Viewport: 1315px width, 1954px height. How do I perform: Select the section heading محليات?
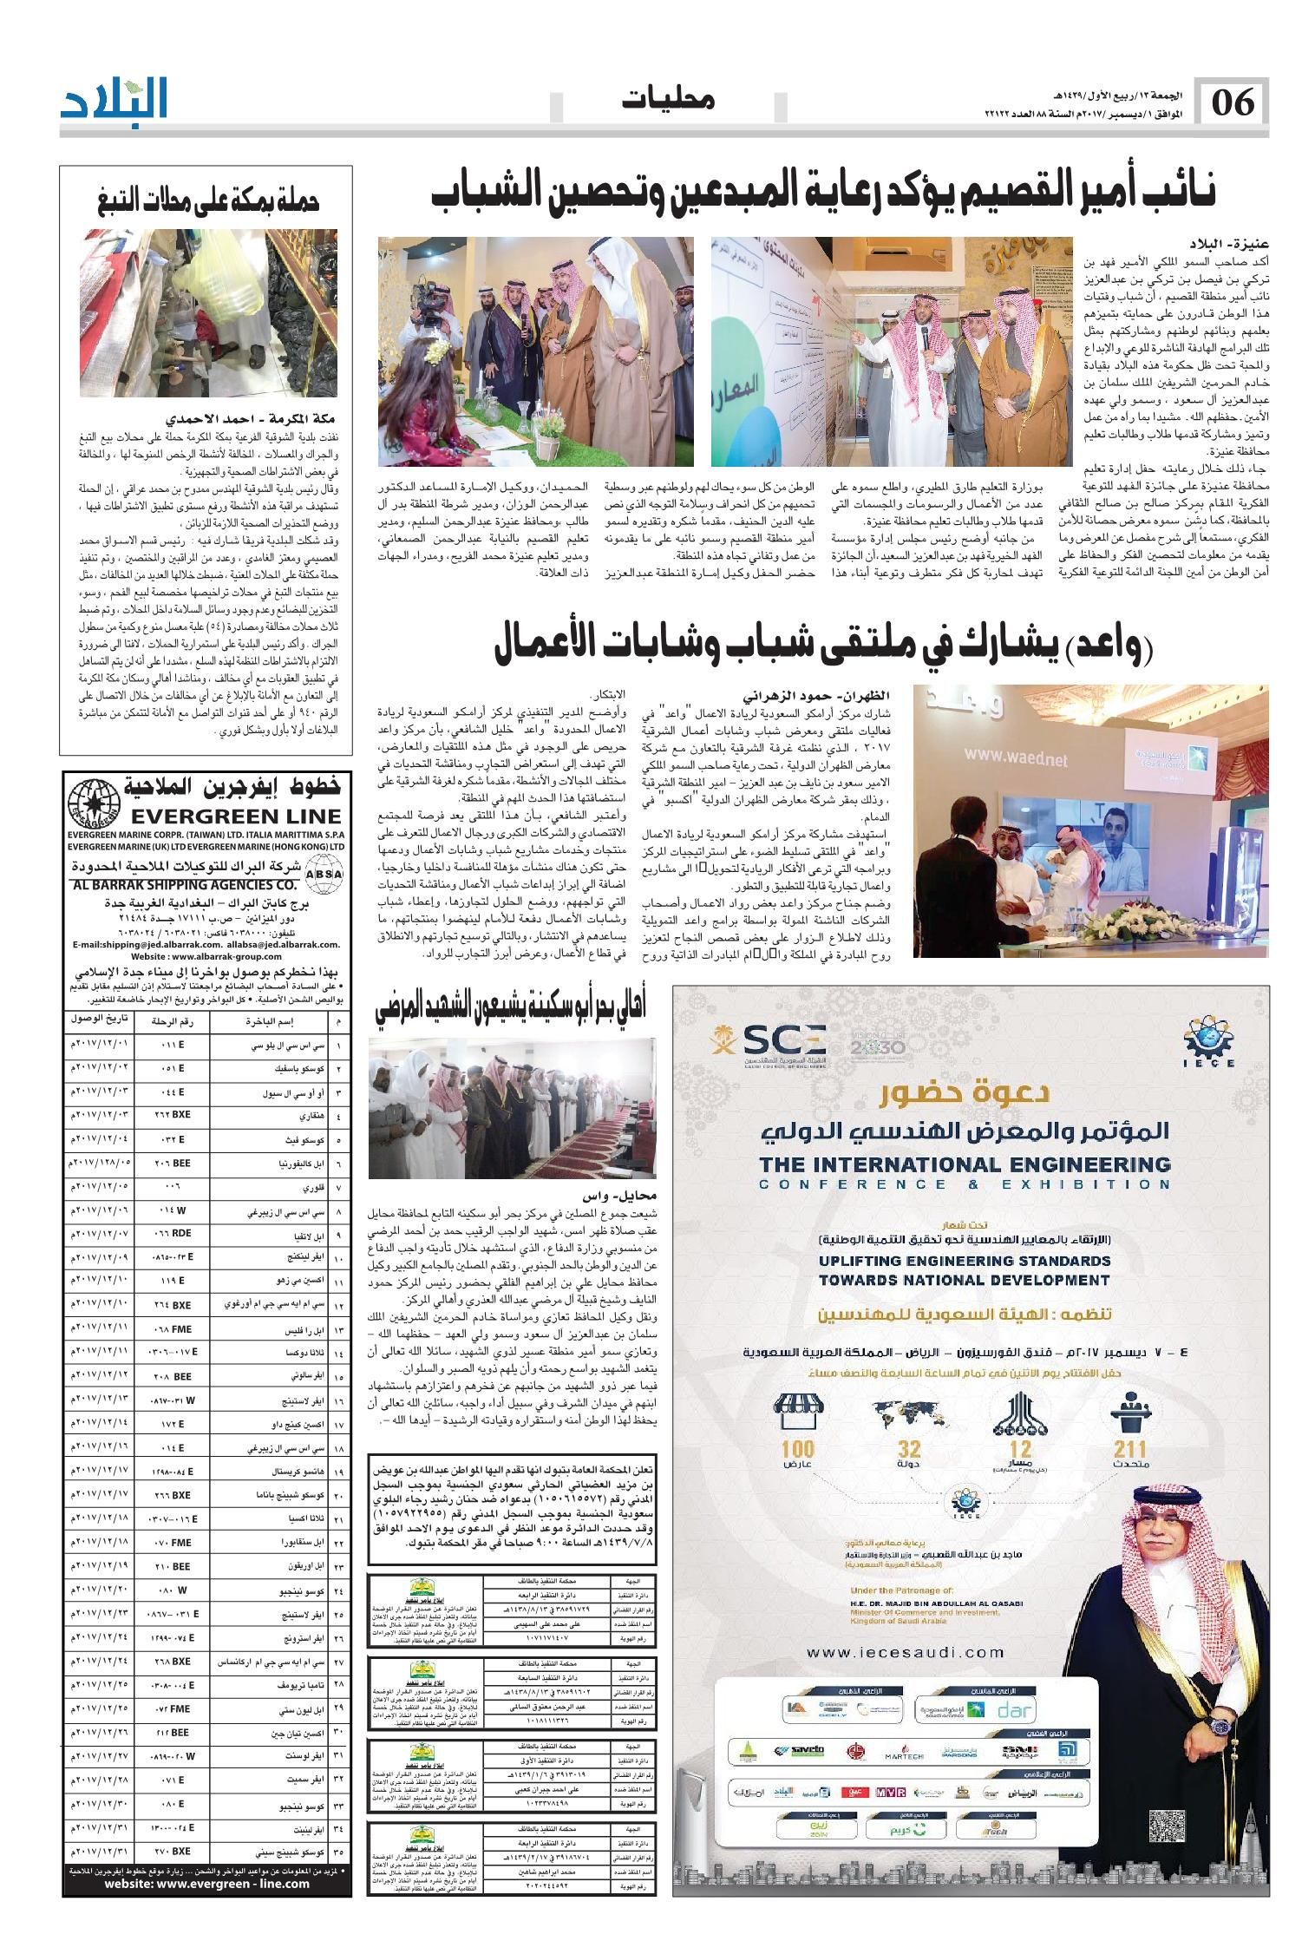coord(667,100)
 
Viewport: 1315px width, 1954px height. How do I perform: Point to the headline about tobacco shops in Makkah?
coord(207,201)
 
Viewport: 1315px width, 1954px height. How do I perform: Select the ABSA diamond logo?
coord(324,875)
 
